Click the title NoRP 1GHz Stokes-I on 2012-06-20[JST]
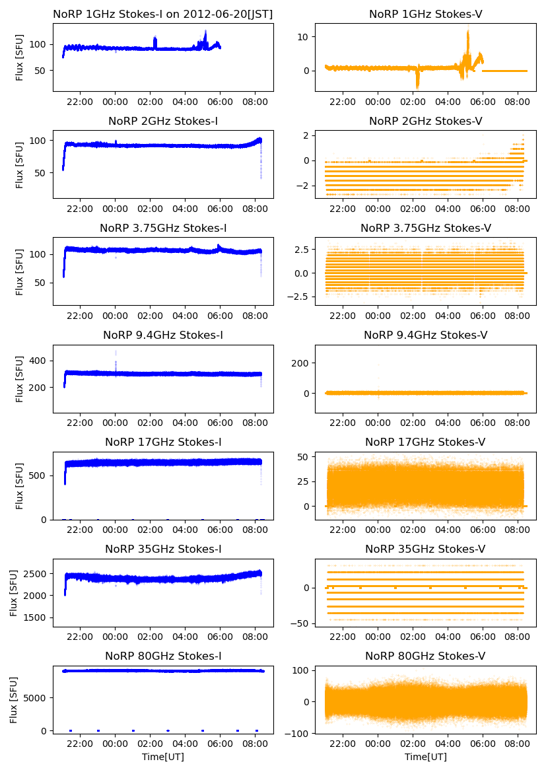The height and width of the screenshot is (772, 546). point(163,14)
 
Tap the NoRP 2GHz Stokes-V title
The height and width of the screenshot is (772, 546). point(425,121)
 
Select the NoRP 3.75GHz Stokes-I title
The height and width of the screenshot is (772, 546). point(163,228)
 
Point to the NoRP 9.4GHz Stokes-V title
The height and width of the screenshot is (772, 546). point(425,335)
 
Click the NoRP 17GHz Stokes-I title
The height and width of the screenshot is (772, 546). point(163,442)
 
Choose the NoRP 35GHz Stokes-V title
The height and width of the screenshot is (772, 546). point(425,549)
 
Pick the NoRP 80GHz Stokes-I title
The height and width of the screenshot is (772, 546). point(163,656)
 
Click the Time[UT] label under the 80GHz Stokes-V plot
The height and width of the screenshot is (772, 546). point(425,757)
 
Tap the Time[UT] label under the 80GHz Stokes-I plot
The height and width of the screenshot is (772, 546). point(163,757)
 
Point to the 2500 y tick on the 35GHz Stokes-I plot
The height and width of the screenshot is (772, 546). point(37,573)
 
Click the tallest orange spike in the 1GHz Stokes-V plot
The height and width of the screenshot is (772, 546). point(468,30)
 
